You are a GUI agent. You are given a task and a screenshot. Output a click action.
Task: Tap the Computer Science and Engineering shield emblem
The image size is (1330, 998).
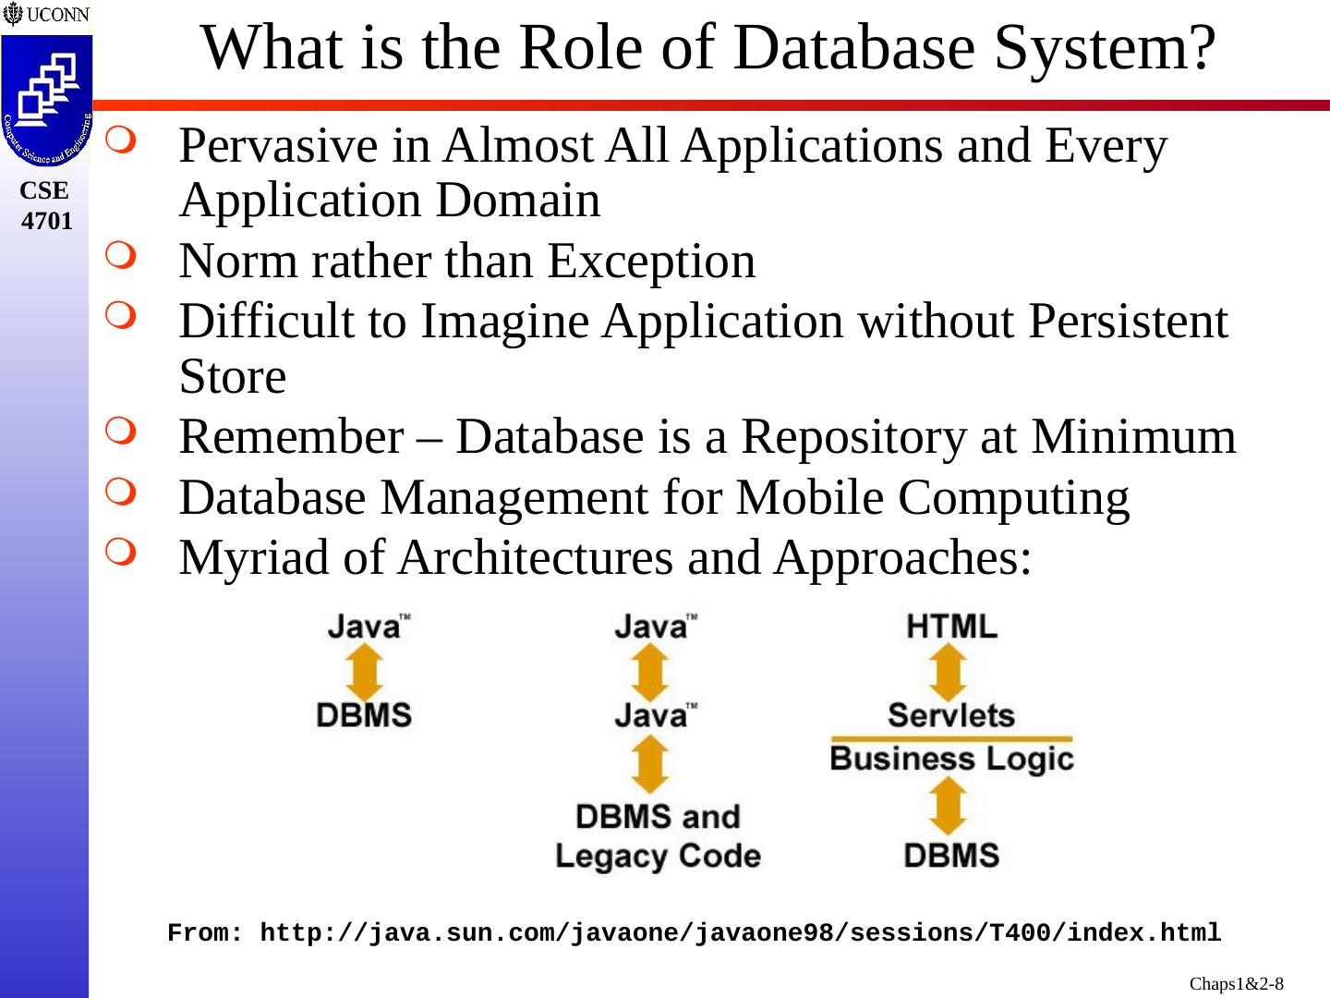pyautogui.click(x=46, y=100)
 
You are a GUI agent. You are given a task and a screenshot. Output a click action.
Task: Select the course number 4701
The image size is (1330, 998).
pyautogui.click(x=46, y=221)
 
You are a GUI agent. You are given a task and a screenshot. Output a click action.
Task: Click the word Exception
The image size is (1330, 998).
pyautogui.click(x=650, y=261)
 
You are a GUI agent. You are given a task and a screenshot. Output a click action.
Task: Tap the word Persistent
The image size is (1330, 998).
pyautogui.click(x=1128, y=322)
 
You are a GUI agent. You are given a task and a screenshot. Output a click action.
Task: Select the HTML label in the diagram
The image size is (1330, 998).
pyautogui.click(x=951, y=627)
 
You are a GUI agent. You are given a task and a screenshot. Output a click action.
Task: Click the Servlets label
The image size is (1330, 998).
pyautogui.click(x=951, y=714)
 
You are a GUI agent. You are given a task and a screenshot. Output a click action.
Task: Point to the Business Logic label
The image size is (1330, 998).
pyautogui.click(x=951, y=760)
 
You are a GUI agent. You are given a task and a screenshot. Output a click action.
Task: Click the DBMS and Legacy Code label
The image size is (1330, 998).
pyautogui.click(x=658, y=836)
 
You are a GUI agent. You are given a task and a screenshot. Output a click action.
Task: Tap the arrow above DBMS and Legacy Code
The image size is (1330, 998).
pyautogui.click(x=651, y=764)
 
